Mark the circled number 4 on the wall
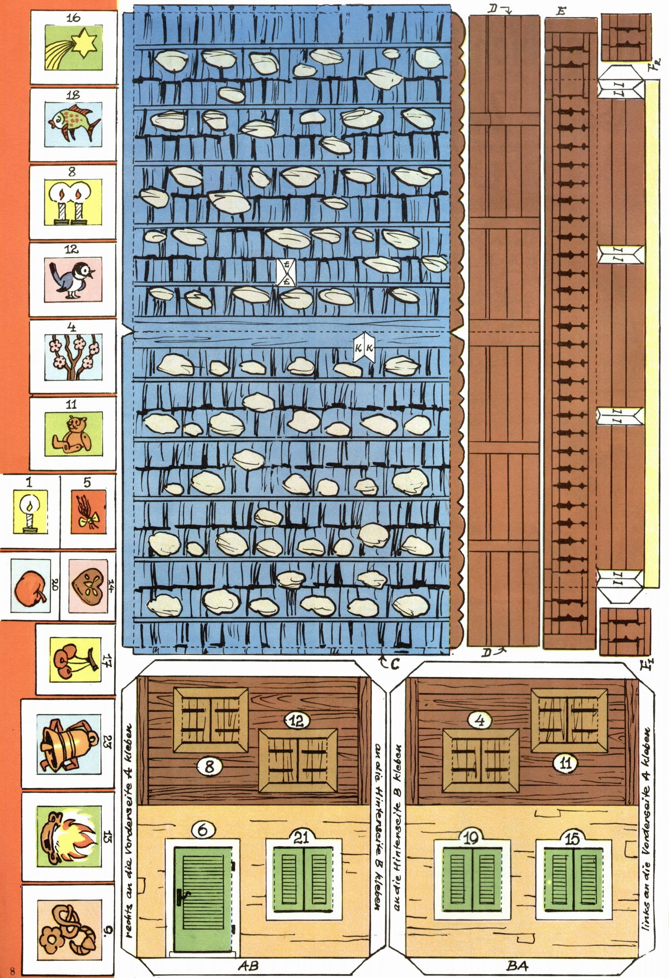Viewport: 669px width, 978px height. [480, 721]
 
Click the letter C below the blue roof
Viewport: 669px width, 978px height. [394, 664]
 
